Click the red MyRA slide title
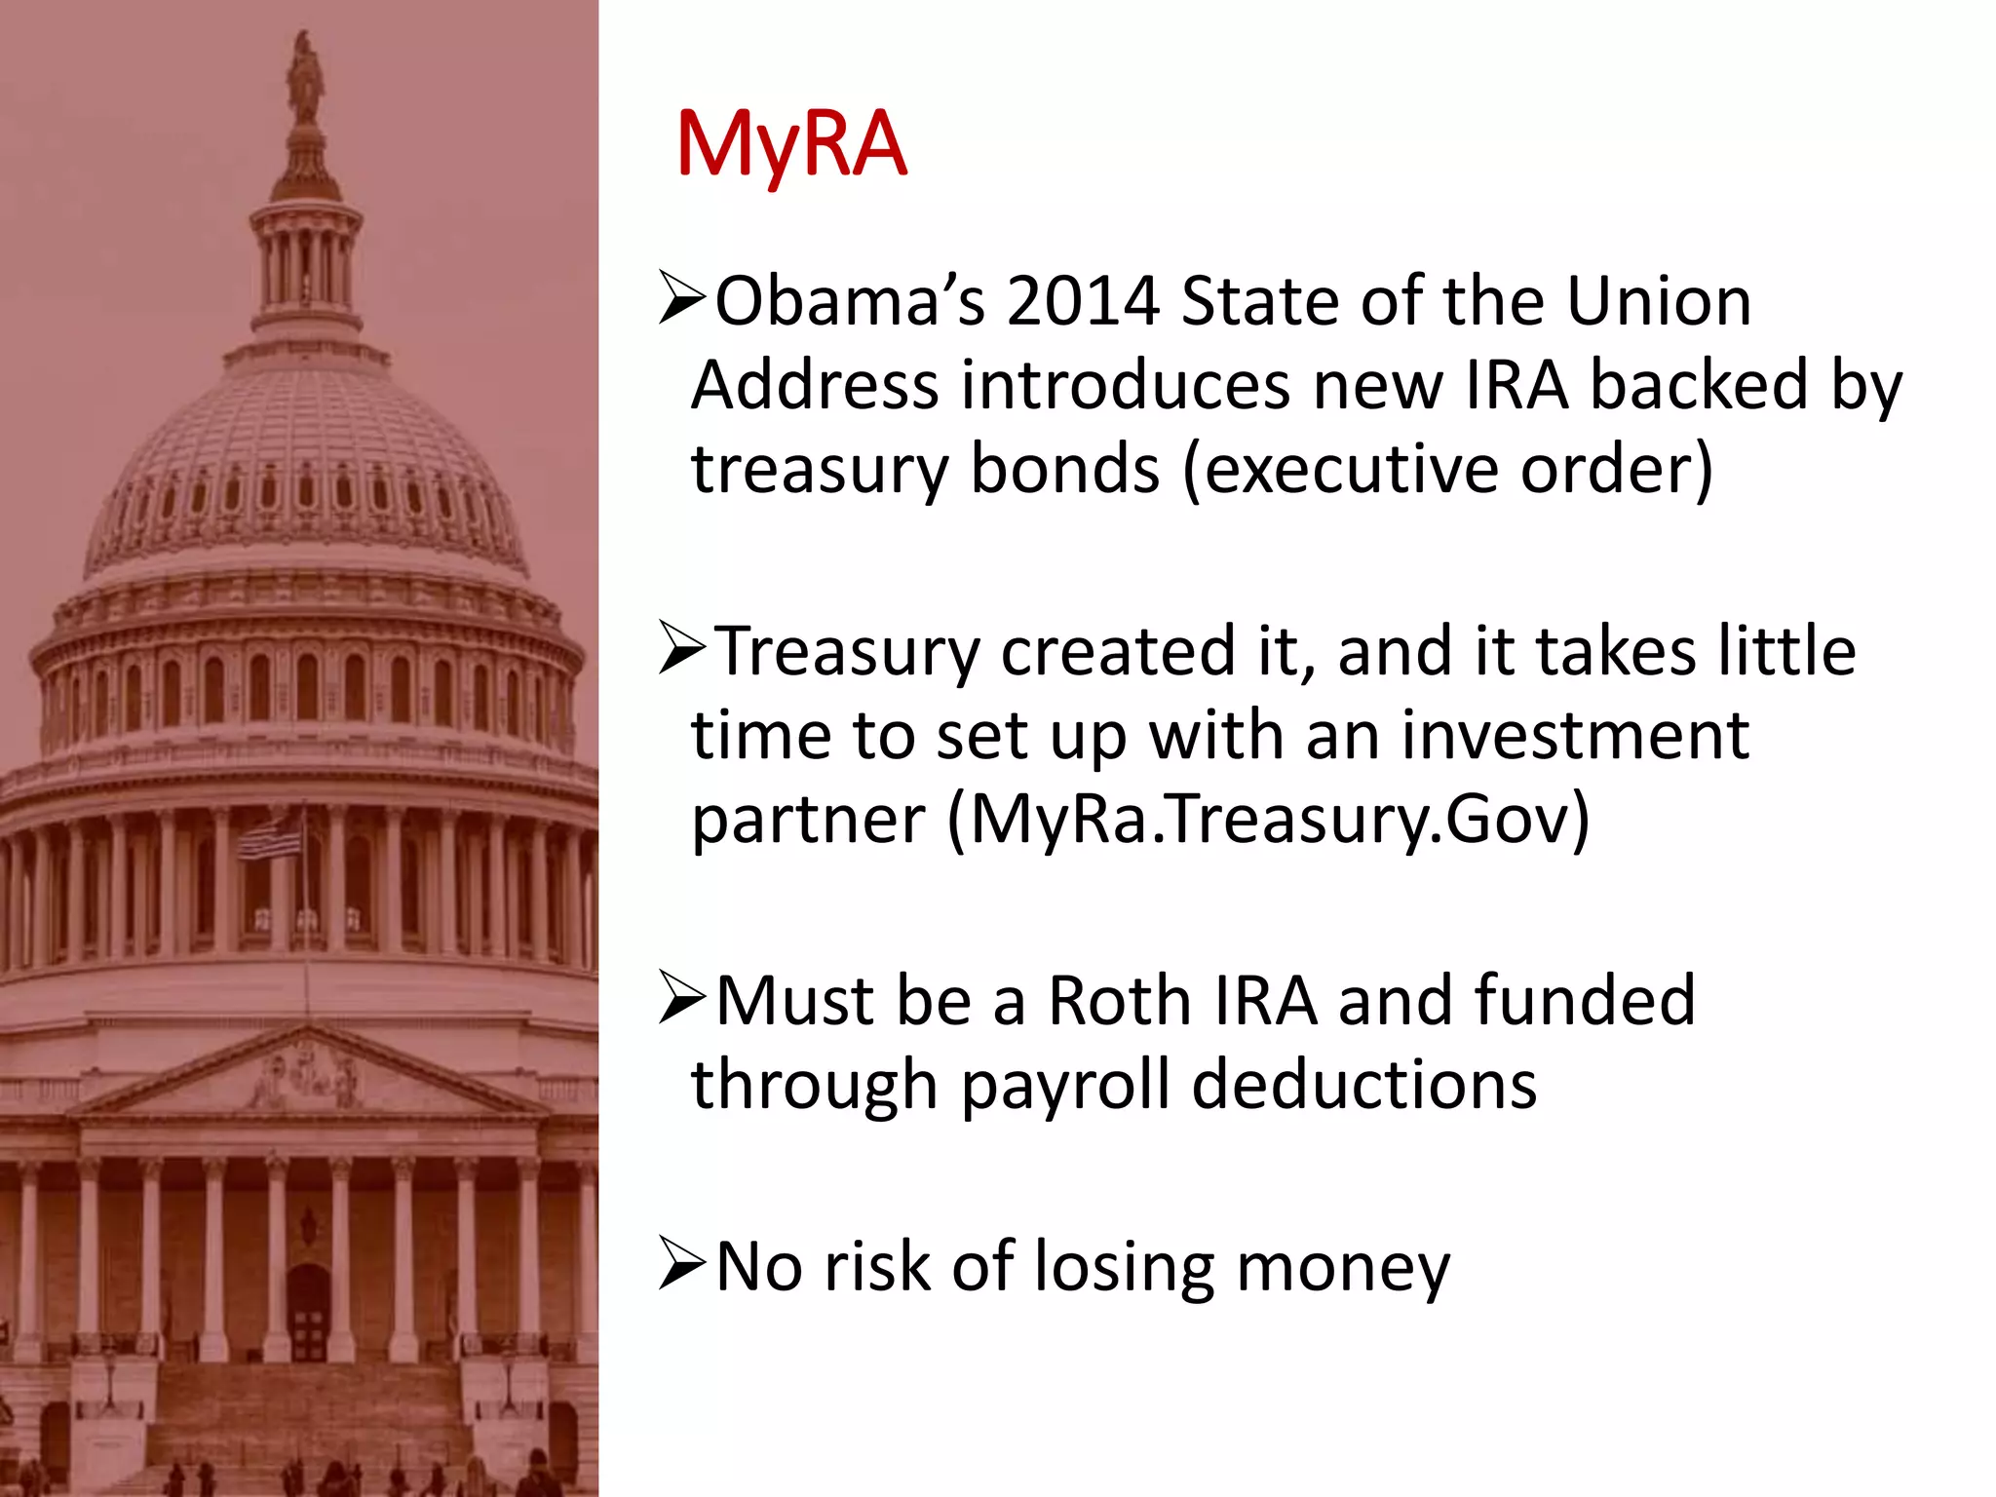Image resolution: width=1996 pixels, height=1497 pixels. [790, 146]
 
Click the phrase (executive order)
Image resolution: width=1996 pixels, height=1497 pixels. [1447, 470]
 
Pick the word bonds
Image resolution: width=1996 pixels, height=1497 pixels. [1064, 470]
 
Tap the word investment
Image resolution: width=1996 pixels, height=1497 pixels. [1575, 736]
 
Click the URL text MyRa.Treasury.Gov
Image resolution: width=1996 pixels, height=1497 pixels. [1268, 820]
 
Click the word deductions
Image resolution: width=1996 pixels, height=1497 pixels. [1364, 1086]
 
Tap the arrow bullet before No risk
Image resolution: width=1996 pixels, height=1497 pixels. [681, 1265]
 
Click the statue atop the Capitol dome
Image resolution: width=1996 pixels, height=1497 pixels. [306, 78]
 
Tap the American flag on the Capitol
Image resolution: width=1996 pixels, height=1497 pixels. [272, 837]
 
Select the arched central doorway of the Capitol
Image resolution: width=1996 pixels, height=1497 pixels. [309, 1311]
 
